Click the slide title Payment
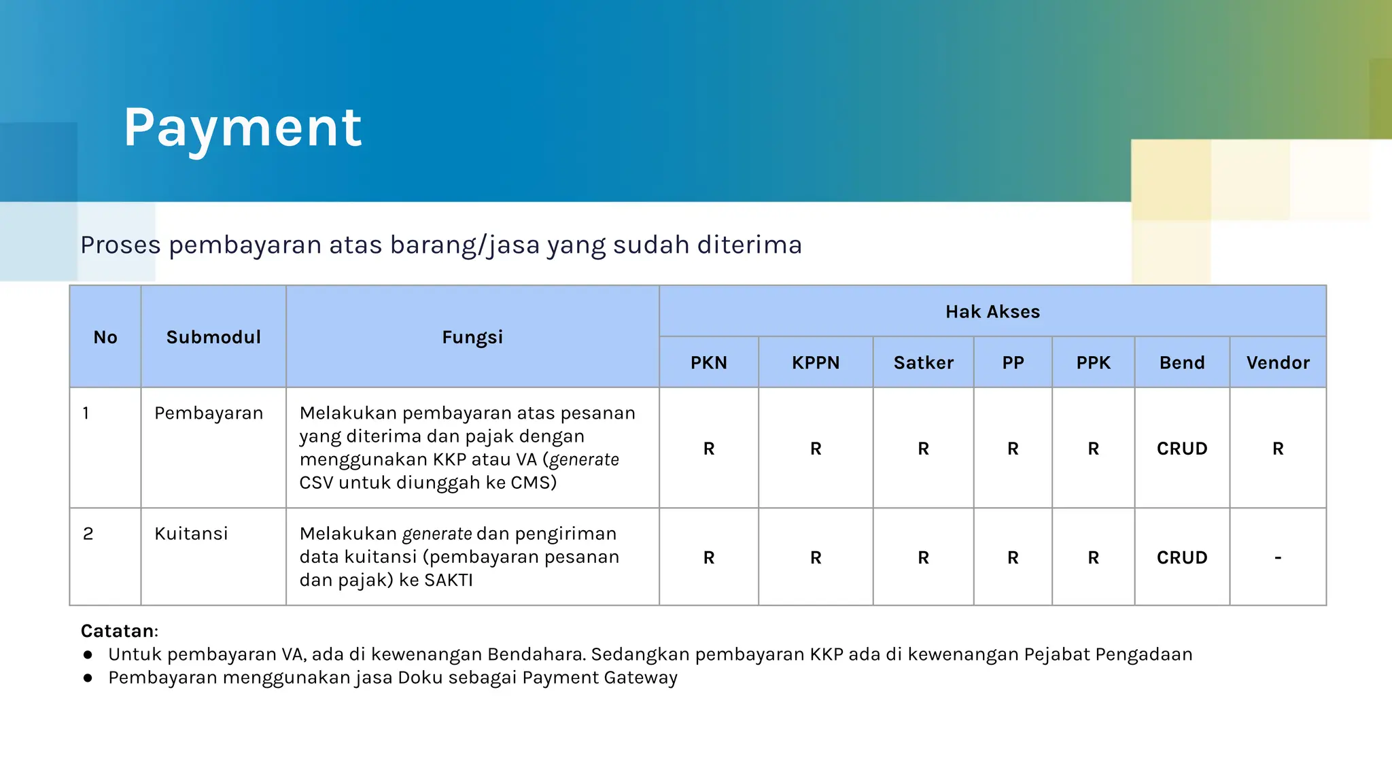click(243, 128)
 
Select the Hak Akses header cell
click(992, 311)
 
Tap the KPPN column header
click(816, 363)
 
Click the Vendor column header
click(1278, 363)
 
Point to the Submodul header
click(213, 337)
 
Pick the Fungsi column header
click(472, 337)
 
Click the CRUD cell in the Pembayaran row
click(1182, 449)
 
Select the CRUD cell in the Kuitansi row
click(1182, 557)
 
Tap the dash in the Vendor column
click(1278, 557)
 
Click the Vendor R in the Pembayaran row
click(1278, 449)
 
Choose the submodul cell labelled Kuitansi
click(191, 534)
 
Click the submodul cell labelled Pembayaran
click(208, 413)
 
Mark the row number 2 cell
click(88, 534)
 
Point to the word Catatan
click(118, 631)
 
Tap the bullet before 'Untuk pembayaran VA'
click(88, 655)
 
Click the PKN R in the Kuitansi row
click(709, 557)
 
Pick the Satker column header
click(923, 363)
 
